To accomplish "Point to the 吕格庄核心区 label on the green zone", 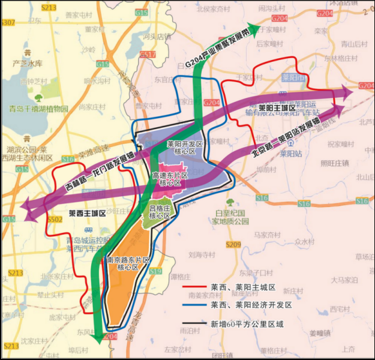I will (160, 212).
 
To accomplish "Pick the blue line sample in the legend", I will (193, 305).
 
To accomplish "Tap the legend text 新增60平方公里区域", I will (247, 324).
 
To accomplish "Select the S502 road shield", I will (55, 220).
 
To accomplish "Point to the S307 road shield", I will (8, 22).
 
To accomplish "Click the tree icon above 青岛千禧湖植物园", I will (39, 97).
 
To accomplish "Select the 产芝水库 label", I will (28, 63).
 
